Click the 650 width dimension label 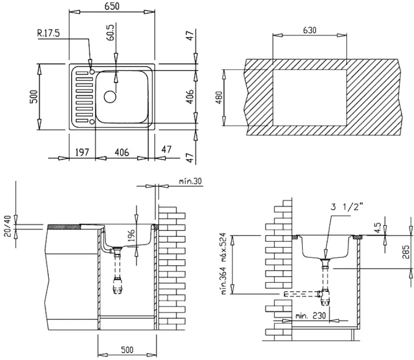pos(112,6)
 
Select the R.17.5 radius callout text pos(49,33)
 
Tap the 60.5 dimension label pos(111,32)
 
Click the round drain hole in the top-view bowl pos(110,97)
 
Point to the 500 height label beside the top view pos(34,96)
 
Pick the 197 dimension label pos(83,152)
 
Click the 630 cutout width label pos(310,30)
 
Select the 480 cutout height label pos(219,98)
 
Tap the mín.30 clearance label pos(190,181)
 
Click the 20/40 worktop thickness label pos(8,226)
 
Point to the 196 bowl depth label pos(131,235)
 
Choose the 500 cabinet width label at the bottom pos(127,350)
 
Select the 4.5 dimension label pos(378,228)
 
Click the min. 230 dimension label pos(311,315)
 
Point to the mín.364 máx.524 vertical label pos(224,264)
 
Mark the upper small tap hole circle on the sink pos(92,72)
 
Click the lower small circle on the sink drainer pos(92,122)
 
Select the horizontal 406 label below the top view pos(122,152)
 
